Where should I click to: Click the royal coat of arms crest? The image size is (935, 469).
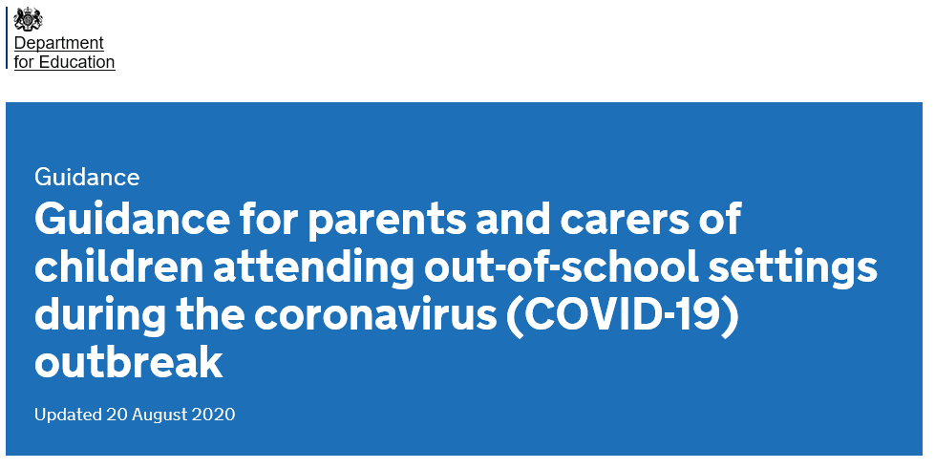28,20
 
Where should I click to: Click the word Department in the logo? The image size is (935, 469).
58,44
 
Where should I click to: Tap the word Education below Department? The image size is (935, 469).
77,62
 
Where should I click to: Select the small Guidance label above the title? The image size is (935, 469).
87,178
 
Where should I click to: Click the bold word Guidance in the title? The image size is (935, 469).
133,219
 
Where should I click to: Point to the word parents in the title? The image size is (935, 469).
387,221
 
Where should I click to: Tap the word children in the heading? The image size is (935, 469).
119,266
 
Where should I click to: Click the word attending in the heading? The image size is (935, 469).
313,268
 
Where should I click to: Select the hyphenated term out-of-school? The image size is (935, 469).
562,266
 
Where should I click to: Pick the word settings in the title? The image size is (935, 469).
793,268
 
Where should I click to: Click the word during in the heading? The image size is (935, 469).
100,316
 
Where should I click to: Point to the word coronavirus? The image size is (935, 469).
375,316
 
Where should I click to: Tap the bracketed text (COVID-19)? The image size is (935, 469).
623,316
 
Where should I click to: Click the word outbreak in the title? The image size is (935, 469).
129,362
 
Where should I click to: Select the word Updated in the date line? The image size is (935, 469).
68,415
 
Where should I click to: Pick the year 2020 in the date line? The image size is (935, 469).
214,415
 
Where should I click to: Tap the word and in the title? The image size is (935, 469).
514,219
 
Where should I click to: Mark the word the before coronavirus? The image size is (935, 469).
210,314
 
